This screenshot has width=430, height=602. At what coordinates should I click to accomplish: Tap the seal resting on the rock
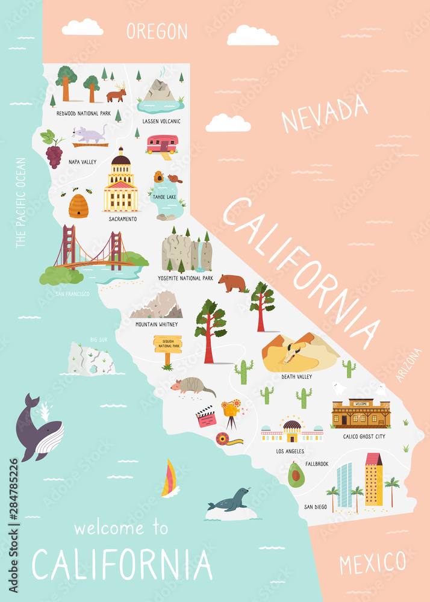coord(228,500)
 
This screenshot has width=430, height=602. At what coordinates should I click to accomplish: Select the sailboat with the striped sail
coord(170,479)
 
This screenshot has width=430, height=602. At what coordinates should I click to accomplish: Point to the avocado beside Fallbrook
coord(294,475)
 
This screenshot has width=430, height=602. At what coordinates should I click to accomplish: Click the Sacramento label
coord(123,219)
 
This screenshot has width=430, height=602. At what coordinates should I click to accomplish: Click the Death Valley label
coord(296,377)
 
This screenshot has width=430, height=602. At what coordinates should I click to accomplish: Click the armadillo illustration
coord(194,385)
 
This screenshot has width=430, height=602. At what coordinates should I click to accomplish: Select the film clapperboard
coord(206,417)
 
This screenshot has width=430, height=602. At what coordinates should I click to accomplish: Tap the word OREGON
coord(157,31)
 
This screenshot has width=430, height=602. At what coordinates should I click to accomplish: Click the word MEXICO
coord(372,563)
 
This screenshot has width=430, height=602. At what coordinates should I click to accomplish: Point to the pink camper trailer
coord(162,144)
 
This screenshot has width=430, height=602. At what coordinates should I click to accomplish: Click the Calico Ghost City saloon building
coord(361,414)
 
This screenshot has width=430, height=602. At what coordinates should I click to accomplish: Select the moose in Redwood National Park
coord(117,93)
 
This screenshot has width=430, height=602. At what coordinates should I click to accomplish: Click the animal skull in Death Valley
coord(293,353)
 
